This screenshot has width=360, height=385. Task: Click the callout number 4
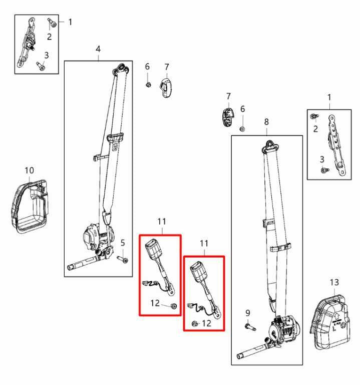pyautogui.click(x=98, y=49)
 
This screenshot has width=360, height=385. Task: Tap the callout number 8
pyautogui.click(x=266, y=122)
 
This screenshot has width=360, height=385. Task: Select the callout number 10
pyautogui.click(x=29, y=170)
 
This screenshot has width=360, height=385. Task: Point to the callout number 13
pyautogui.click(x=334, y=282)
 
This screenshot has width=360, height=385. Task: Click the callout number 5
pyautogui.click(x=123, y=243)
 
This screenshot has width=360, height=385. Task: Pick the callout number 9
pyautogui.click(x=248, y=313)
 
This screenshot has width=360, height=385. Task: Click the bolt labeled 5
pyautogui.click(x=123, y=259)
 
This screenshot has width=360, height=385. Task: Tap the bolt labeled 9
pyautogui.click(x=250, y=327)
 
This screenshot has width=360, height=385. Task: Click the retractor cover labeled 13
pyautogui.click(x=330, y=322)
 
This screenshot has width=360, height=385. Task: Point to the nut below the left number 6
pyautogui.click(x=148, y=85)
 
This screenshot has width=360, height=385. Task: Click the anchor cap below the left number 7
pyautogui.click(x=166, y=88)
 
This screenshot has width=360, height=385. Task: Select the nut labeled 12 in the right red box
pyautogui.click(x=195, y=324)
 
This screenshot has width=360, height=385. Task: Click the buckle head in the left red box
pyautogui.click(x=153, y=249)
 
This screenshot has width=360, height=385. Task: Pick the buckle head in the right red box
pyautogui.click(x=198, y=272)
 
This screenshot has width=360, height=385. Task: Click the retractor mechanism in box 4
pyautogui.click(x=98, y=240)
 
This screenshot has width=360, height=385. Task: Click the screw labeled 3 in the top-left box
pyautogui.click(x=41, y=66)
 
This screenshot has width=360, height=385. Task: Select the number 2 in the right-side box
pyautogui.click(x=315, y=129)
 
